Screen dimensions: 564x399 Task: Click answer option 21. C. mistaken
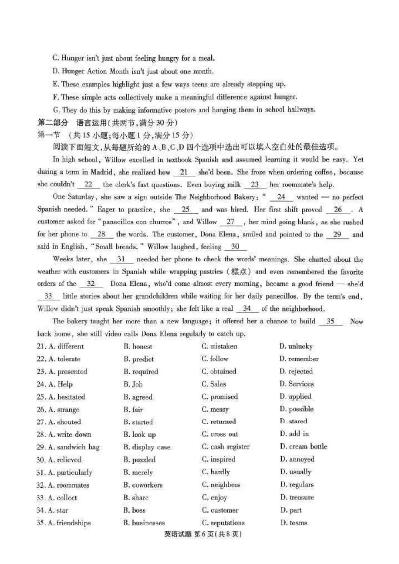(219, 346)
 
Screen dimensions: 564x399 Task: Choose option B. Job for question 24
(133, 384)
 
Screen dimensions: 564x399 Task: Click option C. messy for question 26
(215, 409)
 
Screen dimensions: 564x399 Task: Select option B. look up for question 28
(139, 434)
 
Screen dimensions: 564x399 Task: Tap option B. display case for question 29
(147, 447)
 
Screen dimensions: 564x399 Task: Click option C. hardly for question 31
(216, 472)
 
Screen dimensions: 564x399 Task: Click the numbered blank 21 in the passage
(183, 172)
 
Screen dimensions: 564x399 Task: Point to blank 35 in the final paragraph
(330, 322)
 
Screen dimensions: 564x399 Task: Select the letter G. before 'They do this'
(55, 110)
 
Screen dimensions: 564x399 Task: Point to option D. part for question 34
(290, 510)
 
